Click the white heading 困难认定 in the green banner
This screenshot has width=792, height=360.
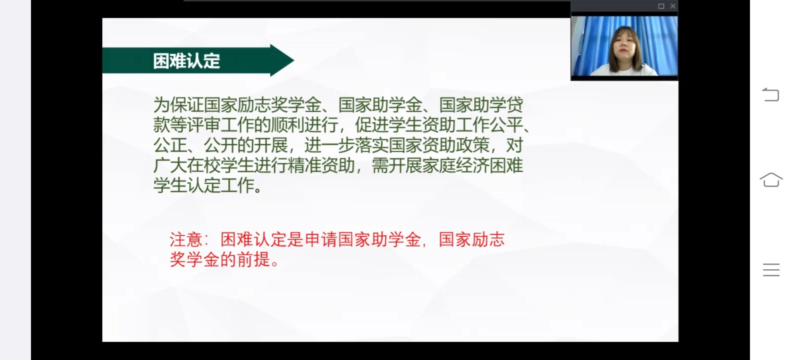coord(186,61)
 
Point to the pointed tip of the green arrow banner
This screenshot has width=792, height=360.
coord(294,60)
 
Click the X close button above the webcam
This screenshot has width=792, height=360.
coord(673,6)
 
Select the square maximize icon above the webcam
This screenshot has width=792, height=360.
coord(661,6)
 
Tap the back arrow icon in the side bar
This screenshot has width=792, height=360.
coord(771,94)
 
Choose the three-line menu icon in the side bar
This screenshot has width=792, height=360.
coord(771,270)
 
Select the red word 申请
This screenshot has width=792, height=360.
coord(321,240)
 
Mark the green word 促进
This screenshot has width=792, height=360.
coord(372,125)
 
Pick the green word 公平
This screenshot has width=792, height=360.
coord(506,125)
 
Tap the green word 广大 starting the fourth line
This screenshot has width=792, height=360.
coord(170,165)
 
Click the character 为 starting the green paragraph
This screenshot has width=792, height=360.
coord(161,105)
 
